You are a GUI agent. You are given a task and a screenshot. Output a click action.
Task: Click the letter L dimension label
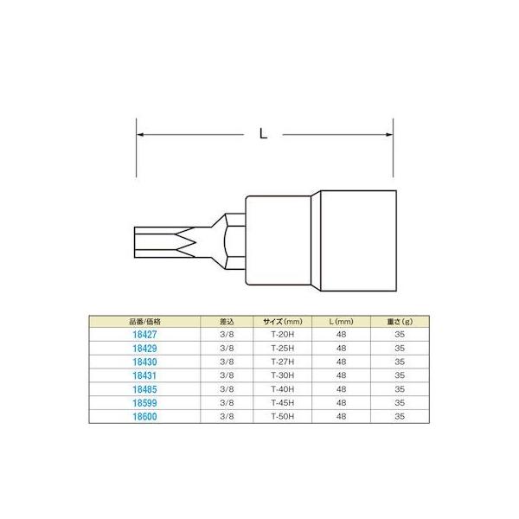click(264, 134)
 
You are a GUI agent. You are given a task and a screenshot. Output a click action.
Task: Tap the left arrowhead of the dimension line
click(140, 135)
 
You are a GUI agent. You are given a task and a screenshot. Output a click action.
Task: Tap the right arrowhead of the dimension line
click(389, 135)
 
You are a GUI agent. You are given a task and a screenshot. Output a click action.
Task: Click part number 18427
click(144, 335)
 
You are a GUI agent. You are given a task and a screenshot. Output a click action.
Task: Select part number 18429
click(144, 349)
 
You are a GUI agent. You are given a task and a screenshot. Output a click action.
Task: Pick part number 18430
click(144, 362)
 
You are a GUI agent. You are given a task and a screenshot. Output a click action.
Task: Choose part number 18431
click(144, 375)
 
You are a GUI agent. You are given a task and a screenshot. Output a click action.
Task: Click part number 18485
click(144, 389)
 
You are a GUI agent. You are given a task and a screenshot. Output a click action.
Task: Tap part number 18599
click(144, 403)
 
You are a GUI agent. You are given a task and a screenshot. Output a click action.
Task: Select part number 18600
click(144, 416)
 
